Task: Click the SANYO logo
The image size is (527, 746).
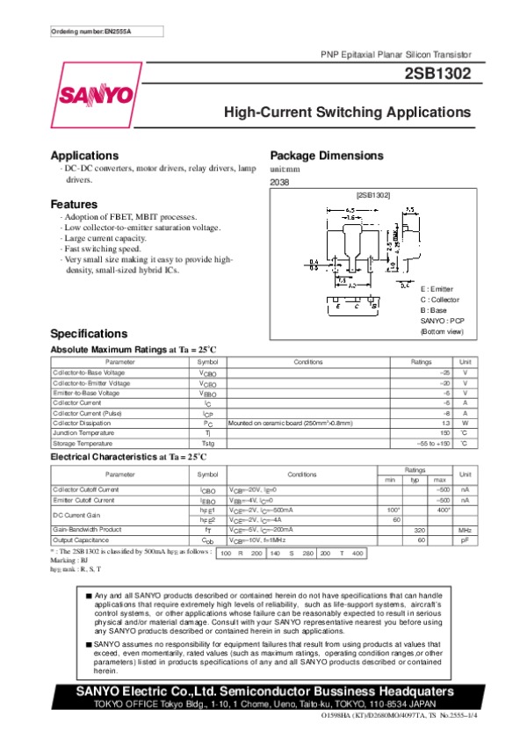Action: [97, 95]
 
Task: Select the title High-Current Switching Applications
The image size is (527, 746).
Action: [348, 112]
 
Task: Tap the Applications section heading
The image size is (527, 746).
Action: [84, 155]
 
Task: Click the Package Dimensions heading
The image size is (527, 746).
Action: [327, 155]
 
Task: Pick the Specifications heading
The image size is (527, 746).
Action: [90, 334]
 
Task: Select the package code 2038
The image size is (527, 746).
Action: [279, 182]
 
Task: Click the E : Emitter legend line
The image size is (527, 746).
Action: [438, 288]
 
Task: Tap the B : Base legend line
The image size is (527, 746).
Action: [434, 310]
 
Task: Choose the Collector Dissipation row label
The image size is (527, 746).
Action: [85, 423]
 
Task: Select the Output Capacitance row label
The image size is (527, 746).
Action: [83, 540]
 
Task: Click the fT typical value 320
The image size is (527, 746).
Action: [420, 531]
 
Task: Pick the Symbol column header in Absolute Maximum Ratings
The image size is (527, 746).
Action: [207, 362]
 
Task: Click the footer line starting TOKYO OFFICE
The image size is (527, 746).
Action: [263, 705]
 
